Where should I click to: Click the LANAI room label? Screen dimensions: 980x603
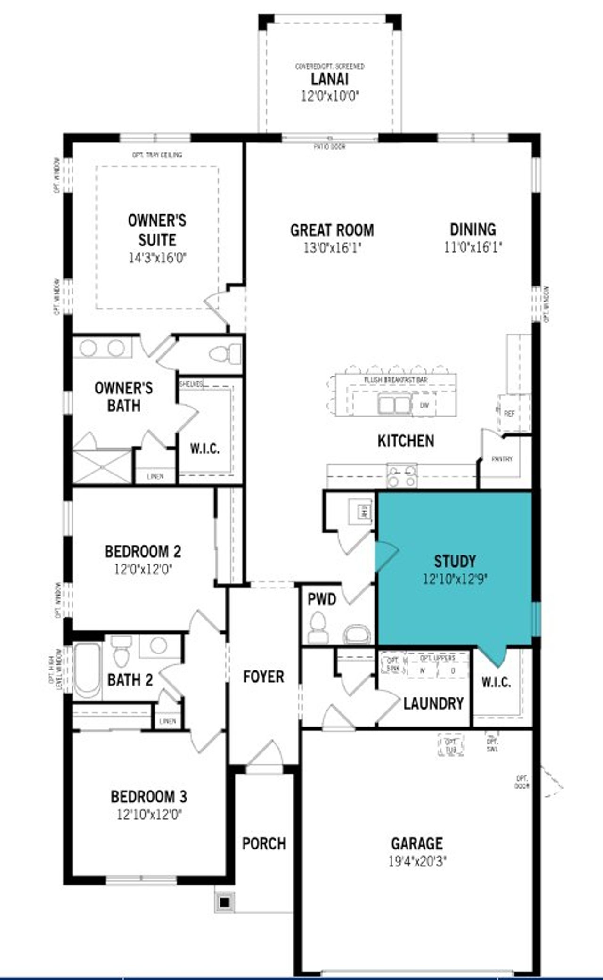pos(329,79)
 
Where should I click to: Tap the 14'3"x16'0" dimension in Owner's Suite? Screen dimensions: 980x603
pos(158,258)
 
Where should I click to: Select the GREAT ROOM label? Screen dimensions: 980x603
pos(332,230)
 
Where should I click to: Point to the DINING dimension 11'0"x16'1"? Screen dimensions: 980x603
pos(473,247)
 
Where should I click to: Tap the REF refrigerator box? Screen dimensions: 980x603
pos(510,414)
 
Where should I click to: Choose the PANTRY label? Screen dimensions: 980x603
pos(502,459)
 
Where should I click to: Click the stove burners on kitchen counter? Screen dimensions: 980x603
pos(402,475)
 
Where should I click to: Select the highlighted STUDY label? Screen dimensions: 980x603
pos(455,561)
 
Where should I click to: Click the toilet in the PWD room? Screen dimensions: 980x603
pos(319,628)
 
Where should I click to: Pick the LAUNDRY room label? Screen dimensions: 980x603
pos(433,703)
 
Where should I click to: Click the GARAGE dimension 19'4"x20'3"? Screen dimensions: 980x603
pos(417,862)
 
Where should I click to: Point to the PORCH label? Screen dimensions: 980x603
pos(264,843)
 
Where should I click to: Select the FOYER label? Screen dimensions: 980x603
pos(263,677)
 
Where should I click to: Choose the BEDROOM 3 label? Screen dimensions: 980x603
pos(148,797)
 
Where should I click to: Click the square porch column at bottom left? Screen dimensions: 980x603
pos(225,902)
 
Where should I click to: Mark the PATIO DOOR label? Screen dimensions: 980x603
pos(329,147)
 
